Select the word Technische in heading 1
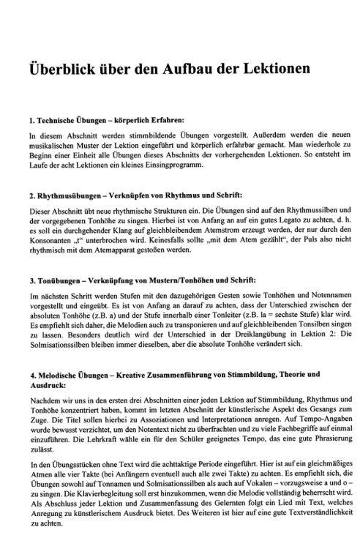tap(60, 119)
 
